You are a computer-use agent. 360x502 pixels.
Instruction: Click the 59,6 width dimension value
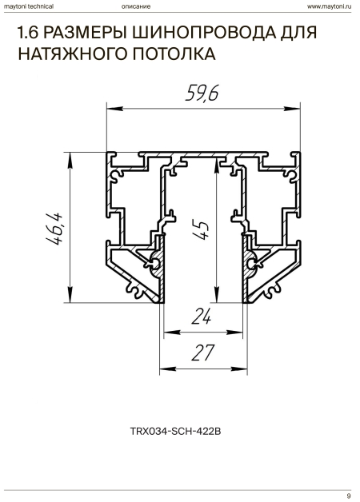(x=202, y=94)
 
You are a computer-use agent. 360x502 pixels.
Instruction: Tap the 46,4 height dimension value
(x=53, y=229)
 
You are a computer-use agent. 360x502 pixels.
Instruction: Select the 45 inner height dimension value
(x=201, y=229)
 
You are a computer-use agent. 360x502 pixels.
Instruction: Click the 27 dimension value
(x=202, y=353)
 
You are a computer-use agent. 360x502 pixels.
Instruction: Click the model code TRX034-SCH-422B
(x=175, y=431)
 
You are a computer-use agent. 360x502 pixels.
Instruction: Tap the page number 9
(x=349, y=496)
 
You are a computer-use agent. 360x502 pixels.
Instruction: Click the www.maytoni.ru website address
(x=329, y=6)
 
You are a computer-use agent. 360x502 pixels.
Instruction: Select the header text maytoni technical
(x=29, y=6)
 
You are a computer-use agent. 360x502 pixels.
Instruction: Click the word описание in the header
(x=136, y=6)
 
